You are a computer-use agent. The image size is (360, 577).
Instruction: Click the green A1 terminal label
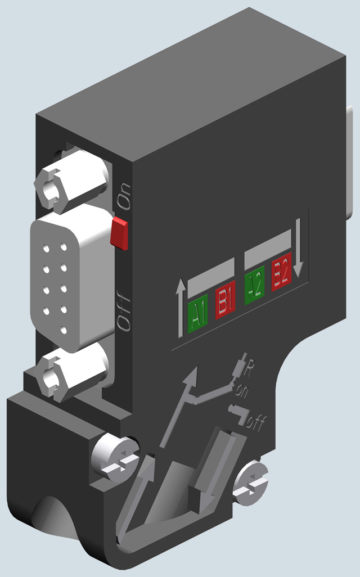pos(197,313)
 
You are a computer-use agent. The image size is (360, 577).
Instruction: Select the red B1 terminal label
pos(225,304)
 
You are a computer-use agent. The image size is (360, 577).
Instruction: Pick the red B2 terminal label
pos(281,276)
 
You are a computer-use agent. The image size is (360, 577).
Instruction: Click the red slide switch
pos(119,234)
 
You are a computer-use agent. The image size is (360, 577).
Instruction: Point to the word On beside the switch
pos(123,196)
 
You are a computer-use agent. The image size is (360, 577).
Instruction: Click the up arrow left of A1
pos(180,309)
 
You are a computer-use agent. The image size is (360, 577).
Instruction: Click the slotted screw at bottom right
pos(250,482)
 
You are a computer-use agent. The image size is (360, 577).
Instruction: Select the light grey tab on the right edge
pos(352,163)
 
